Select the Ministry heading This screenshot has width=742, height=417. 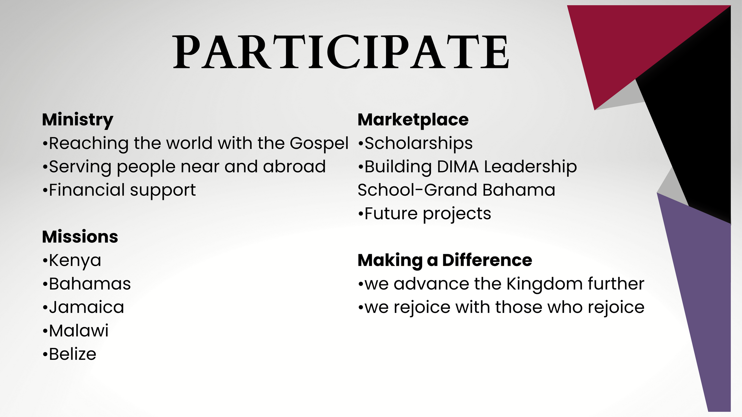pyautogui.click(x=78, y=120)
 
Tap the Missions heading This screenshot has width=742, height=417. pyautogui.click(x=80, y=237)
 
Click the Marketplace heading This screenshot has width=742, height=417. pyautogui.click(x=413, y=120)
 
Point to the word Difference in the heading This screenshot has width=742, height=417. pyautogui.click(x=487, y=260)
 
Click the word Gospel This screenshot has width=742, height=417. pyautogui.click(x=319, y=144)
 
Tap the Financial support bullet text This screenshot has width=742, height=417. pyautogui.click(x=122, y=190)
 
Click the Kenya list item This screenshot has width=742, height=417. pyautogui.click(x=75, y=261)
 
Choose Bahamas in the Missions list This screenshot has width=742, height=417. pyautogui.click(x=90, y=284)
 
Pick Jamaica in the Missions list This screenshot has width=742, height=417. pyautogui.click(x=86, y=307)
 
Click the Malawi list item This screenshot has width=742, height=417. pyautogui.click(x=79, y=331)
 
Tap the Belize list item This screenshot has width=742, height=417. pyautogui.click(x=72, y=354)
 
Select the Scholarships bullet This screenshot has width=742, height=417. pyautogui.click(x=418, y=144)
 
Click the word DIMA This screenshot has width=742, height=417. pyautogui.click(x=458, y=167)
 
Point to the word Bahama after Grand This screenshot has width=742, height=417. pyautogui.click(x=519, y=190)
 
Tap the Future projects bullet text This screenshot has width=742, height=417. pyautogui.click(x=427, y=214)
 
